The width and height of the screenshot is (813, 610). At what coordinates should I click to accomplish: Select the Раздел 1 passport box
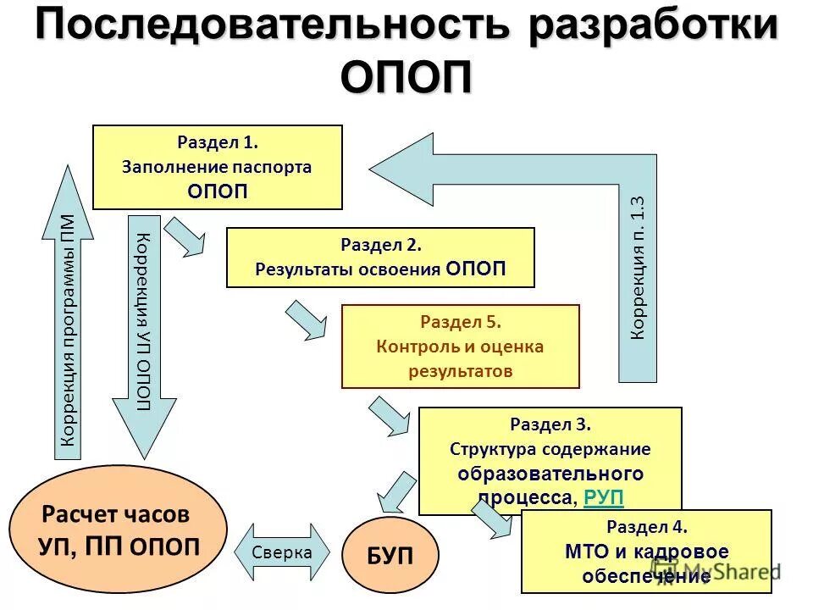point(217,167)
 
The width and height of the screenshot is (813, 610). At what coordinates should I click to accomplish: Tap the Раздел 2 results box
point(380,258)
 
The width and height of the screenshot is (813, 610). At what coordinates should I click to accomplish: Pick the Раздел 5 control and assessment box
point(460,346)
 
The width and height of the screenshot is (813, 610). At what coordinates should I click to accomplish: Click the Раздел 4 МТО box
point(646,551)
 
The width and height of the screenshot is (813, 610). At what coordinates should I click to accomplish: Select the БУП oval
point(390,556)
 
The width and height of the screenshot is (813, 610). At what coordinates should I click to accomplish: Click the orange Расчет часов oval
point(119,530)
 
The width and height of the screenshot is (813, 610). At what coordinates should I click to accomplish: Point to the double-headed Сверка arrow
point(282,552)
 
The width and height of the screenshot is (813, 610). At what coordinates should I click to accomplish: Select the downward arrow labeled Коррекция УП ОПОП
point(144,330)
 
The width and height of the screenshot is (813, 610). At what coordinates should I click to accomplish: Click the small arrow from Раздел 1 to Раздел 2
point(185,236)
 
